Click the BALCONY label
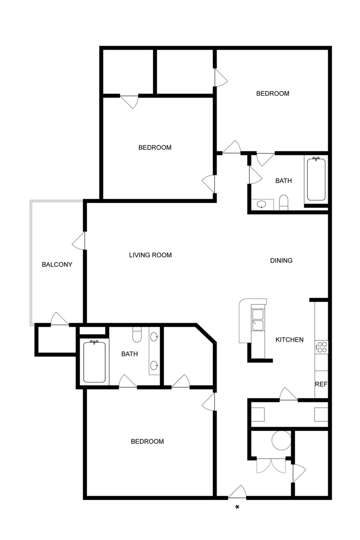point(57,265)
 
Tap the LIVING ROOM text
point(150,255)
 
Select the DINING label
point(281,261)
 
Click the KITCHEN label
point(289,340)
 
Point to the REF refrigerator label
point(321,384)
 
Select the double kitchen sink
point(258,320)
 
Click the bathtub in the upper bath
point(316,179)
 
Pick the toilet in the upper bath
point(283,203)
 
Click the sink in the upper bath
point(262,204)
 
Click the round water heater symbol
point(281,440)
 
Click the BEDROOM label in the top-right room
point(273,94)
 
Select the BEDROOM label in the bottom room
point(147,442)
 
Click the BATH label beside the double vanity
point(129,354)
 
